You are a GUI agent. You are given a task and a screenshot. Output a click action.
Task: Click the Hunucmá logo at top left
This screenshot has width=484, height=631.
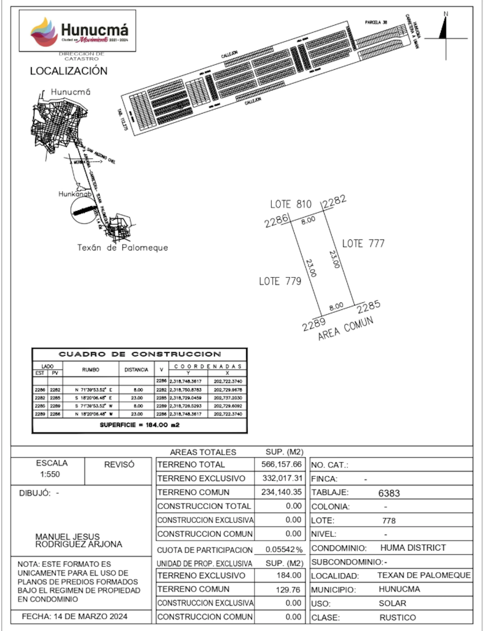pos(77,31)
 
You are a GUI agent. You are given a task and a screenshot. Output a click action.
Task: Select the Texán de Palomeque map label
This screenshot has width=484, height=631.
pos(122,248)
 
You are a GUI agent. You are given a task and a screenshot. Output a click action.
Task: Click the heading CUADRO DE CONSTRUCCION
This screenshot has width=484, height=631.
pos(140,354)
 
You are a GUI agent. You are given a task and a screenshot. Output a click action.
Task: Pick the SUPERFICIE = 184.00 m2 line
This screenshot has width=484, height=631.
pos(140,425)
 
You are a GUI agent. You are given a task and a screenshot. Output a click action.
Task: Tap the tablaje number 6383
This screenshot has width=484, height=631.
pos(389,493)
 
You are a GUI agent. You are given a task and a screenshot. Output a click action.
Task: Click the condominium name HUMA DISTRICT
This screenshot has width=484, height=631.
pos(413,547)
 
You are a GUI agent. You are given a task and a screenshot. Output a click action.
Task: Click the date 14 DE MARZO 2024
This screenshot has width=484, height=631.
pos(90,616)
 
